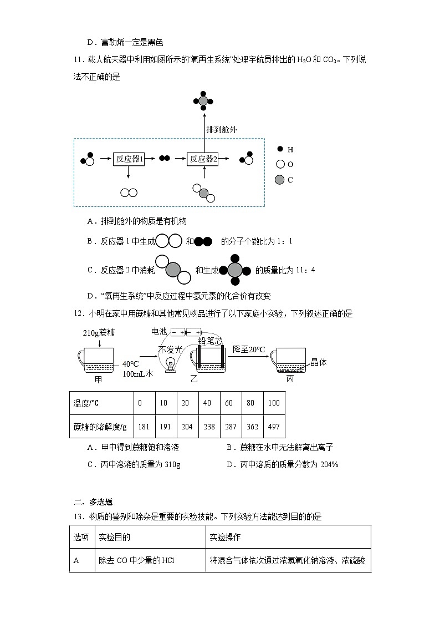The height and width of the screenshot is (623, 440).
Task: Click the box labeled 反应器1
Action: [x=129, y=159]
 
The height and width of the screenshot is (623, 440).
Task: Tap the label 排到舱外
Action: [x=222, y=129]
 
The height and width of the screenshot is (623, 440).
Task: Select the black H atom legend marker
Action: [x=280, y=149]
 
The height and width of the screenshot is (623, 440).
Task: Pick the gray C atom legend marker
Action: [x=280, y=179]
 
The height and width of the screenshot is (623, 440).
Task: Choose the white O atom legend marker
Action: [x=280, y=164]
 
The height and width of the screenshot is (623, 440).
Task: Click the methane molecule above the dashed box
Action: [x=203, y=100]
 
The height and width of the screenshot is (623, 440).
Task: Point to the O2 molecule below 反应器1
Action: [x=129, y=193]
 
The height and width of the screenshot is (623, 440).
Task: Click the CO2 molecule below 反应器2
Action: [x=203, y=193]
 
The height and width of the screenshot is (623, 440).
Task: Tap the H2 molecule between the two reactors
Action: [x=164, y=159]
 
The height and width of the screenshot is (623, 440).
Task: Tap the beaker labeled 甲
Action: [x=98, y=362]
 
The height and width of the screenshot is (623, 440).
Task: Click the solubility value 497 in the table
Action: [x=274, y=427]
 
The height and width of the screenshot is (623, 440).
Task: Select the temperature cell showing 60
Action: [x=229, y=403]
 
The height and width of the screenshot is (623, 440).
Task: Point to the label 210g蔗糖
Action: [x=98, y=333]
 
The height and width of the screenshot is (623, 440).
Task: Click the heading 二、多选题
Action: [x=93, y=502]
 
